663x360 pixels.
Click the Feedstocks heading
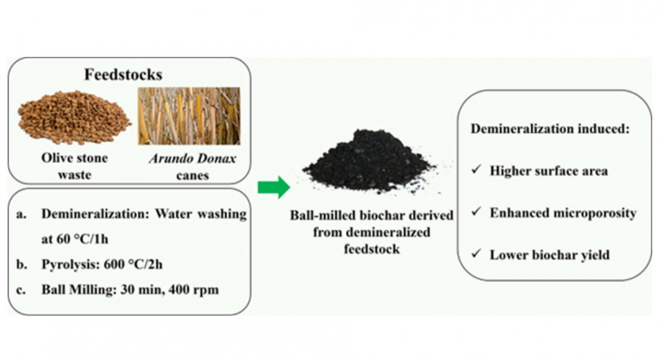pos(123,74)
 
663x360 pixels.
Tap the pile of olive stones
pos(74,117)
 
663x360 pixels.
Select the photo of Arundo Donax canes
pos(189,116)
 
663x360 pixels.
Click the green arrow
pos(274,186)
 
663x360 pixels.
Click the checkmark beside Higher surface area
pos(477,169)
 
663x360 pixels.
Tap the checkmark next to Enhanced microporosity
pos(477,211)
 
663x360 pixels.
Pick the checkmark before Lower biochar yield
pos(477,253)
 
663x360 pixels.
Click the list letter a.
pos(20,215)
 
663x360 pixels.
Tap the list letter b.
pos(21,264)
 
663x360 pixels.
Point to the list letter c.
pos(20,290)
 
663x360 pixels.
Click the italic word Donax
pos(217,158)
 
